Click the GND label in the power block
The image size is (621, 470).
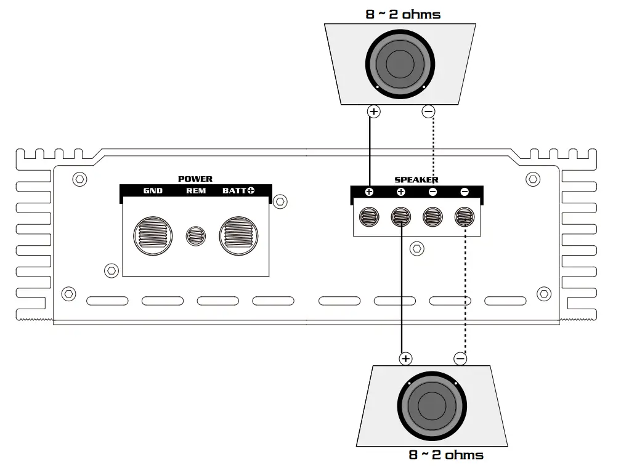tap(153, 191)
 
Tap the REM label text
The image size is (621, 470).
tap(196, 191)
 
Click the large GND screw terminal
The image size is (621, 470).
tap(151, 235)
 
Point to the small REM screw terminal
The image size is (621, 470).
tap(196, 235)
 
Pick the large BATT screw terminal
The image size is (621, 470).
tap(240, 235)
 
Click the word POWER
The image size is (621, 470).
tap(195, 179)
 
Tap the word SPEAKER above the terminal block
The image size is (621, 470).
tap(416, 180)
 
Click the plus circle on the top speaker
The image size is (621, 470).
tap(373, 111)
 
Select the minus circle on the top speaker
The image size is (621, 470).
tap(428, 111)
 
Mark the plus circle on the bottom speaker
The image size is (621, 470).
tap(405, 359)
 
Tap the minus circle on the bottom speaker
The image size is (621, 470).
tap(460, 359)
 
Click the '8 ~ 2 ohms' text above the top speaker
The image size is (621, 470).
tap(403, 14)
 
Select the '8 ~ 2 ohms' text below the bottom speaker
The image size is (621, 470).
tap(446, 455)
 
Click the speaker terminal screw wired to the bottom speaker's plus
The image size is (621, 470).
tap(401, 217)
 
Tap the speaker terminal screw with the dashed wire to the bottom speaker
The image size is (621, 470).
tap(464, 217)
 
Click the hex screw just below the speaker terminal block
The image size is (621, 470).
tap(417, 248)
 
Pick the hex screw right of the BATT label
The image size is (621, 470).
tap(280, 201)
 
